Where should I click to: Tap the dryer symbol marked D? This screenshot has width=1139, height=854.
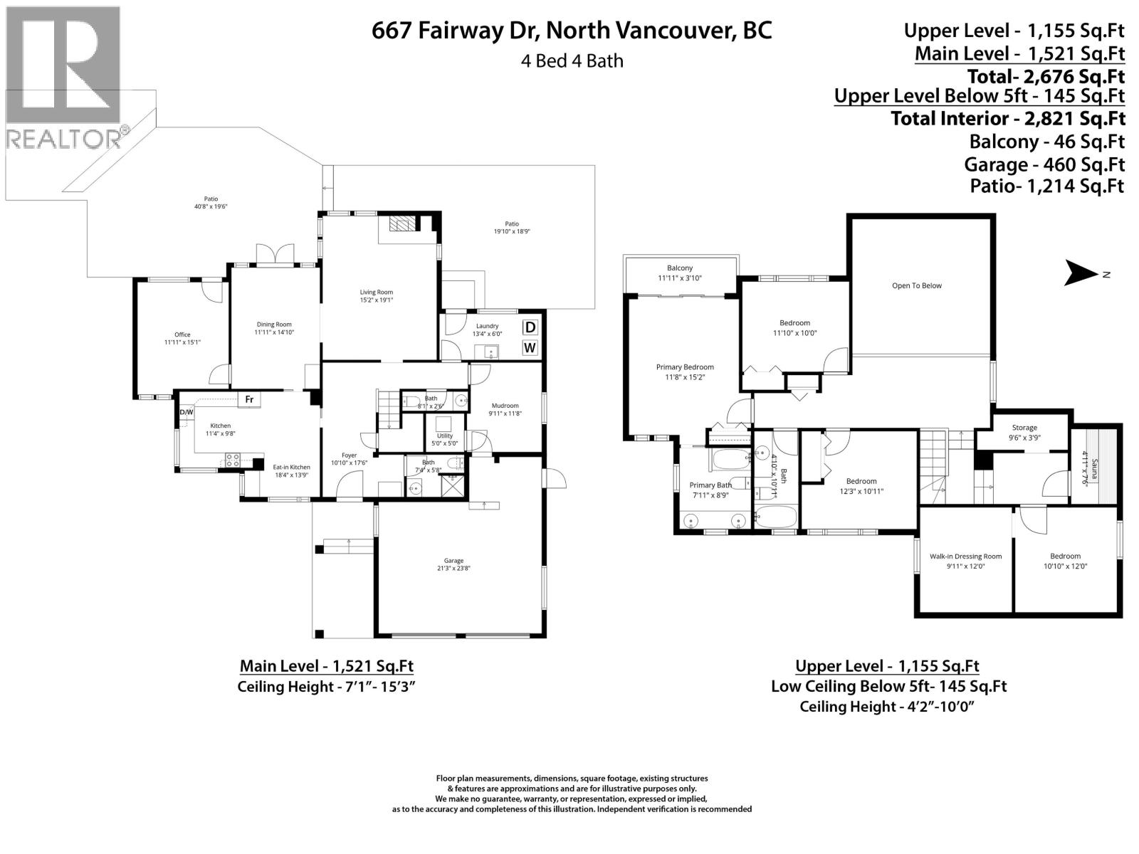[530, 327]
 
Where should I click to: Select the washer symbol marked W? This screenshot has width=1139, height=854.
[530, 348]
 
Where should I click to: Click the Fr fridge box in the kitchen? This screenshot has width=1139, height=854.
[249, 399]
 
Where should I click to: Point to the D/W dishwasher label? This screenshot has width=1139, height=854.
[186, 412]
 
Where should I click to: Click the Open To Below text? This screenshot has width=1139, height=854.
[916, 286]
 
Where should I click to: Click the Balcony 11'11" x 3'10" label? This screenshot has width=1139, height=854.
[680, 273]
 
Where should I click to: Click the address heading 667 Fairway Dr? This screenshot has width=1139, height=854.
[572, 31]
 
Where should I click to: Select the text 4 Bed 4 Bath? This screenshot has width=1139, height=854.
[572, 61]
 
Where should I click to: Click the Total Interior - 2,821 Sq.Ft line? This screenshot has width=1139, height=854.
[1007, 118]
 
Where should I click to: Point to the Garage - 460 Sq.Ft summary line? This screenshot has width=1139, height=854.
[1044, 164]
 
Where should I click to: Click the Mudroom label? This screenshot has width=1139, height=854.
[505, 409]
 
